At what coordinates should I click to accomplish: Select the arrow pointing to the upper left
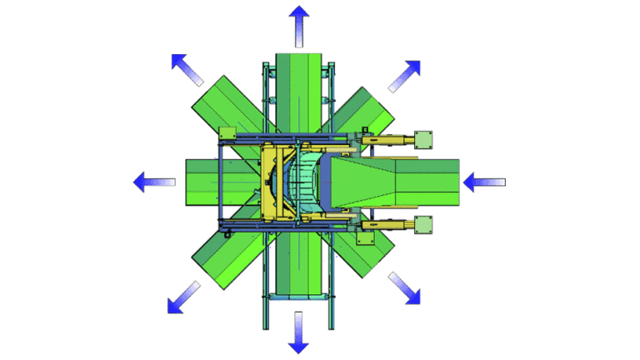[187, 70]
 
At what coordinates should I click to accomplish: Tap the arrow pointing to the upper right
[405, 76]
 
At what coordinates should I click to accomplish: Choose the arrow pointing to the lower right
[404, 287]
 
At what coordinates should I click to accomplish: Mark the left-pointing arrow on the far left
[156, 181]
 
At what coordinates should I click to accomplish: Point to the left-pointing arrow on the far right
[484, 181]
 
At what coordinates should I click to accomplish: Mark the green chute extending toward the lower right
[367, 250]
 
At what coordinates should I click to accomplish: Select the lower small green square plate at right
[424, 224]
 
